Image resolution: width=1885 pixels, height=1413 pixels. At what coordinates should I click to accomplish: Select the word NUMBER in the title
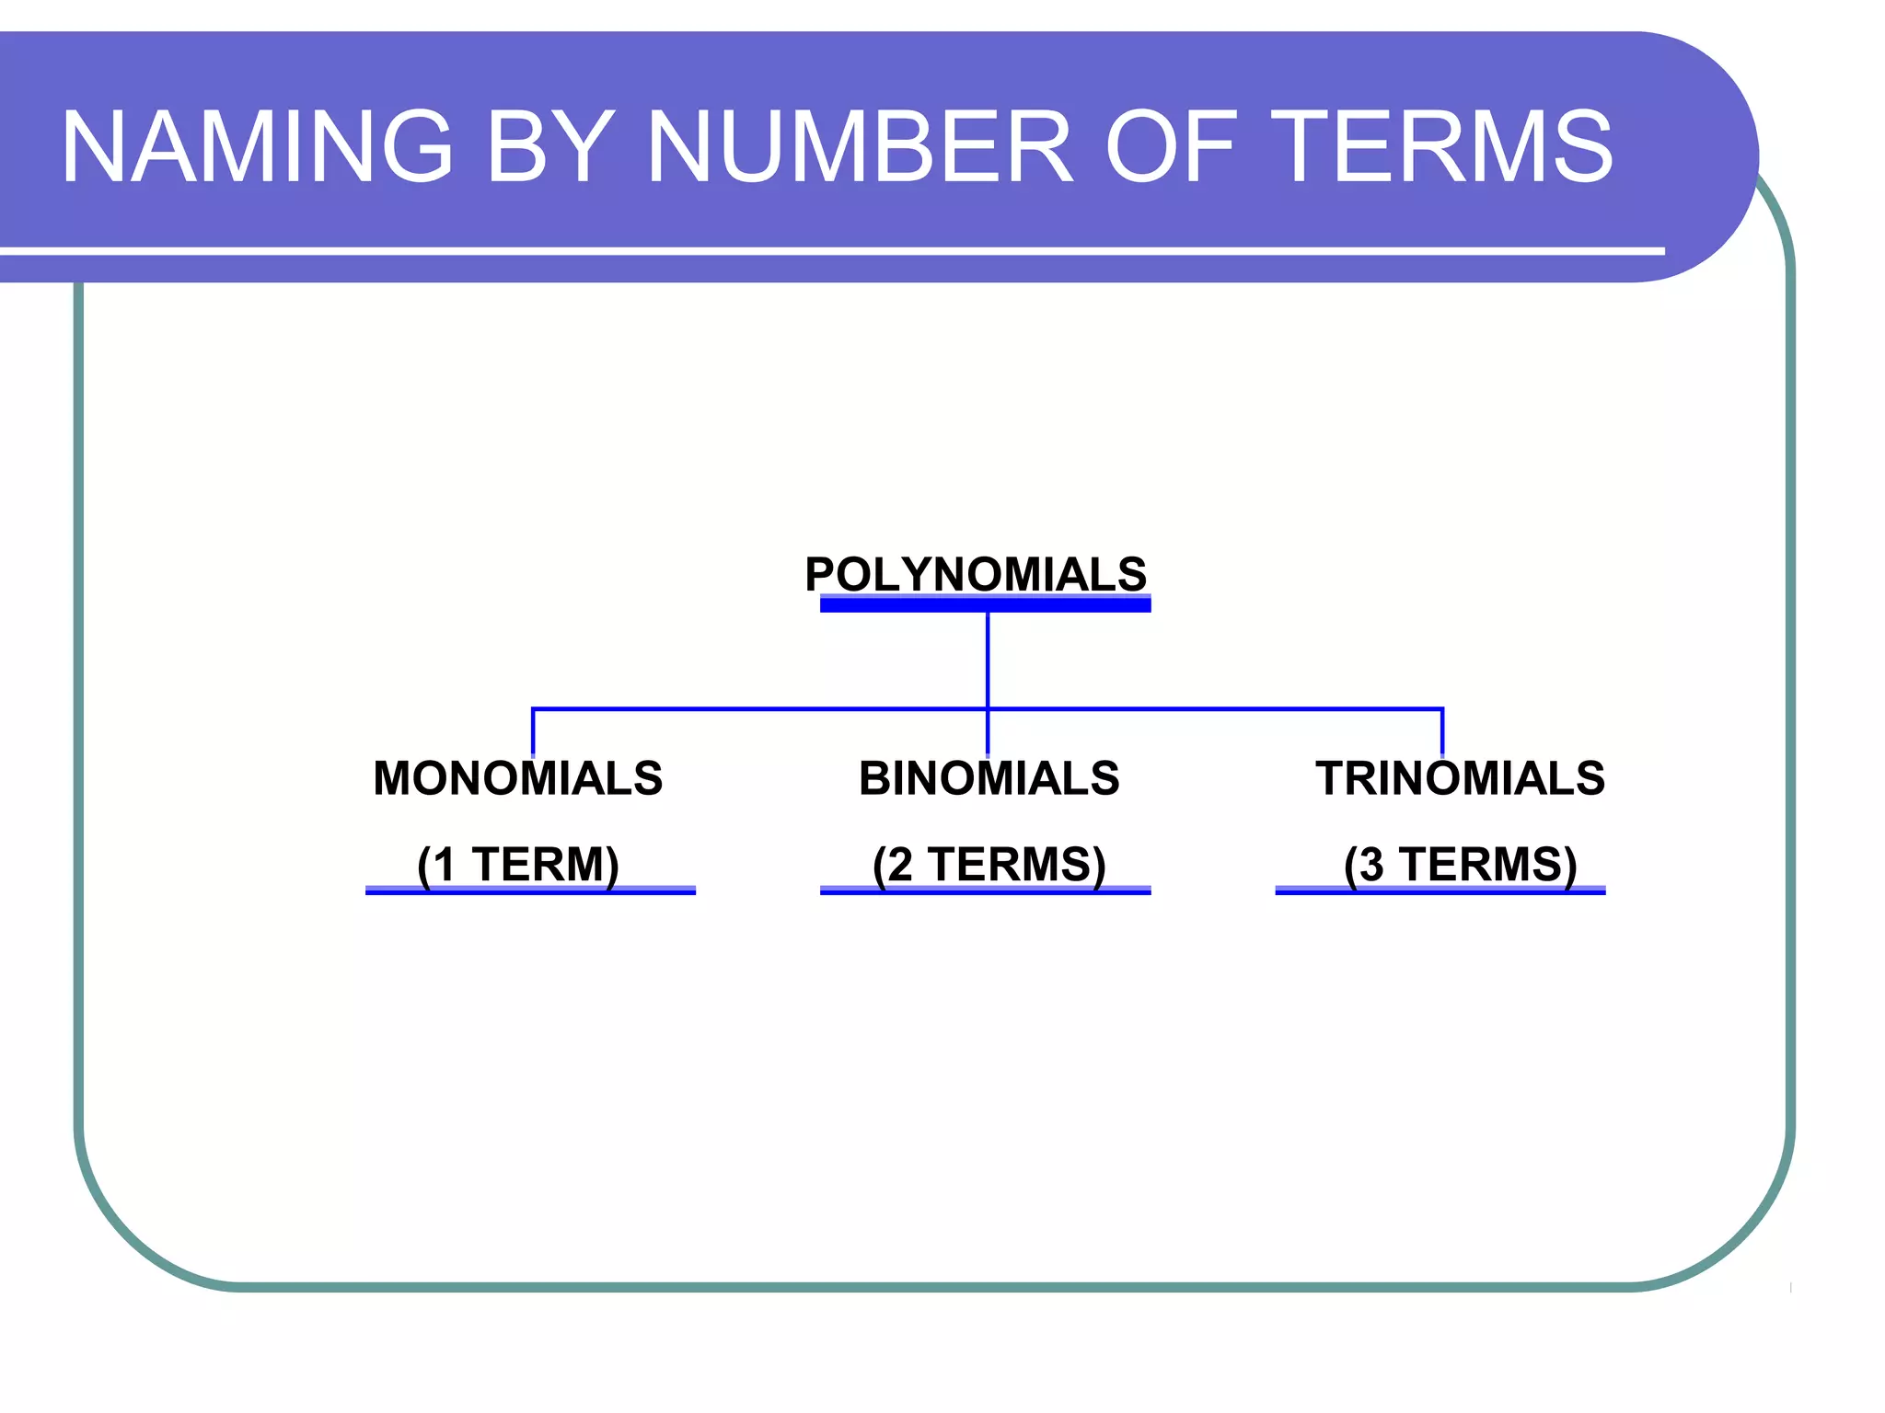[861, 147]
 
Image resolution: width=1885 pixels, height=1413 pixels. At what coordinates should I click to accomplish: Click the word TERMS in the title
[1445, 147]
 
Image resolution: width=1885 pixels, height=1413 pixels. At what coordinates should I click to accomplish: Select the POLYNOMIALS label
[976, 574]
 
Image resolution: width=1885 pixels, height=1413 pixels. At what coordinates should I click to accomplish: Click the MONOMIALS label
[517, 778]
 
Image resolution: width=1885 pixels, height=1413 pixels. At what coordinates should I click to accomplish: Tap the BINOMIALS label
[989, 778]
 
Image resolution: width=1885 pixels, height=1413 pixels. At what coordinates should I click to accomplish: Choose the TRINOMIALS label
[1460, 778]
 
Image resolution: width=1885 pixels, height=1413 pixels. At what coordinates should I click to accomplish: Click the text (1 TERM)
[517, 864]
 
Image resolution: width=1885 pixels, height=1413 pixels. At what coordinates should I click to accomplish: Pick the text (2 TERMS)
[989, 864]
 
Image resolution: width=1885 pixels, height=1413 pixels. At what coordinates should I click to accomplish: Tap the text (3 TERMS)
[1460, 864]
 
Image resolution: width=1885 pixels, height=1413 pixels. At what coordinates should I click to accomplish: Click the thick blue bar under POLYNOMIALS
[985, 603]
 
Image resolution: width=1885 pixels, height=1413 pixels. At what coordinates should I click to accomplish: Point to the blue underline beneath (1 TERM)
[530, 890]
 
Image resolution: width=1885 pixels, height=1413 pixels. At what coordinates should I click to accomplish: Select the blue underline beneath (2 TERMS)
[985, 890]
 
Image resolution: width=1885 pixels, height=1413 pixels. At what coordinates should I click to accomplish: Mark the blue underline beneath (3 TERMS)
[1440, 890]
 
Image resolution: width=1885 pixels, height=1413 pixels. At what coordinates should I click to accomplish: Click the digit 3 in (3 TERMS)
[1370, 865]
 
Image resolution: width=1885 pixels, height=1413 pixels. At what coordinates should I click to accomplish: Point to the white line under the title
[828, 250]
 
